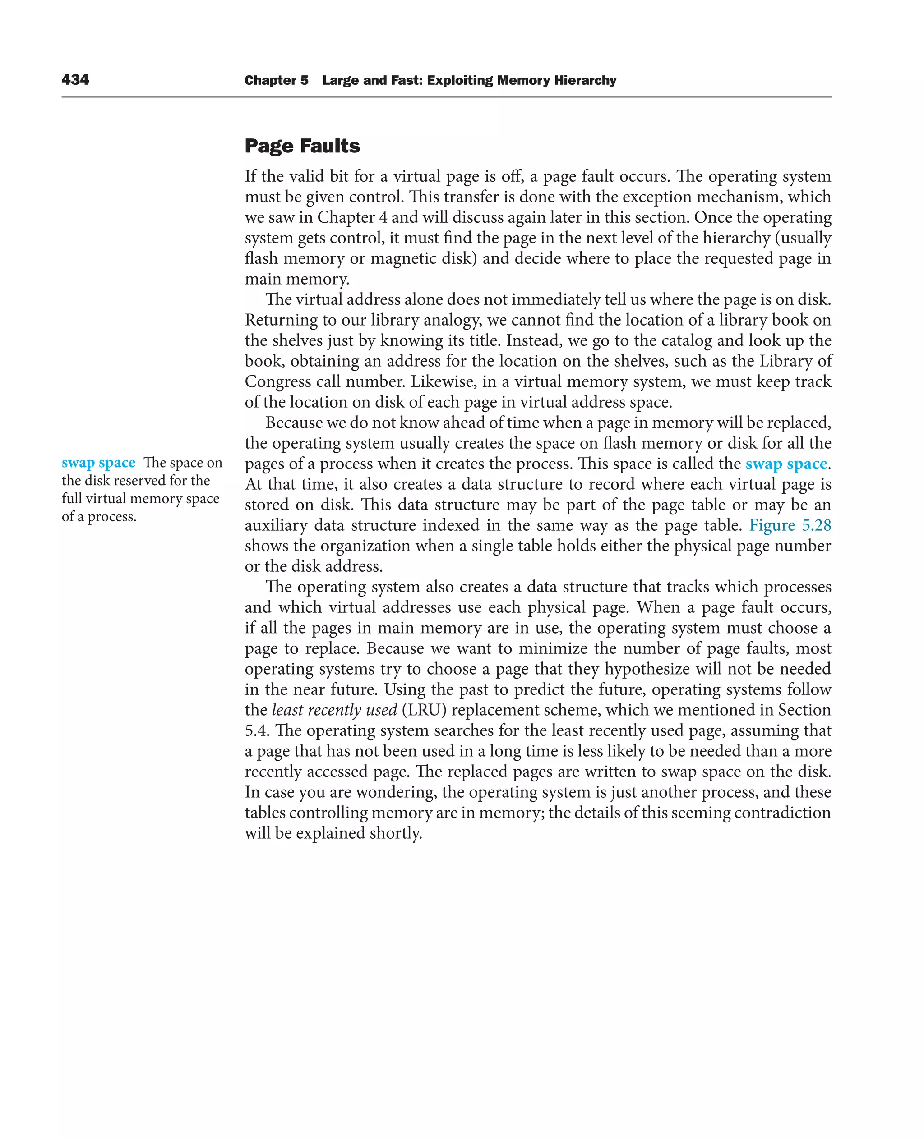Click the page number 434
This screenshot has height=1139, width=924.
coord(75,80)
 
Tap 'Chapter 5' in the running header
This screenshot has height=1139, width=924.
coord(276,80)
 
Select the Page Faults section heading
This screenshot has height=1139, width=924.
coord(302,146)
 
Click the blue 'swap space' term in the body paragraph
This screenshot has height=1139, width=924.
coord(786,464)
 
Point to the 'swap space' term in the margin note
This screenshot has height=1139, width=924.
coord(98,463)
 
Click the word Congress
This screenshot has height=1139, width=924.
coord(270,381)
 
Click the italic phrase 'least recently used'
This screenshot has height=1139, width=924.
coord(334,710)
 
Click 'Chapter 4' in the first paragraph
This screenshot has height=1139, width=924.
coord(352,218)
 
